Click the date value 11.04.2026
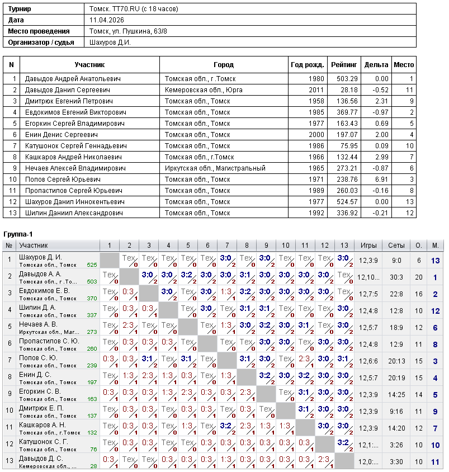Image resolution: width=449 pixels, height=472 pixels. [x=106, y=20]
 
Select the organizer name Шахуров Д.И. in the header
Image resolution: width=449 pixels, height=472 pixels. [x=110, y=42]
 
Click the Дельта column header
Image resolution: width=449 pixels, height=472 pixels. [x=376, y=65]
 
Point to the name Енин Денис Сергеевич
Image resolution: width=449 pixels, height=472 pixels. [x=62, y=135]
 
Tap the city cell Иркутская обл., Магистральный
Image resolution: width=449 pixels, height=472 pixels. [x=215, y=168]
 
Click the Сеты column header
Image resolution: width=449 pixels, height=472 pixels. [x=396, y=246]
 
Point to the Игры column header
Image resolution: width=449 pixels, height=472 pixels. [x=368, y=246]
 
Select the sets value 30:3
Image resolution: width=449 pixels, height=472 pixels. [x=396, y=277]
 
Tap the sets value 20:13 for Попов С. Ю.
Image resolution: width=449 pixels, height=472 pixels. [x=396, y=361]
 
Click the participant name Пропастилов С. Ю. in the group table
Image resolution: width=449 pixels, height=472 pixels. [x=49, y=341]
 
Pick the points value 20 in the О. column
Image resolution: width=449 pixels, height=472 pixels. [x=418, y=277]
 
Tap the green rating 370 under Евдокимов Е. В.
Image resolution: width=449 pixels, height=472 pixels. [x=92, y=299]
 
